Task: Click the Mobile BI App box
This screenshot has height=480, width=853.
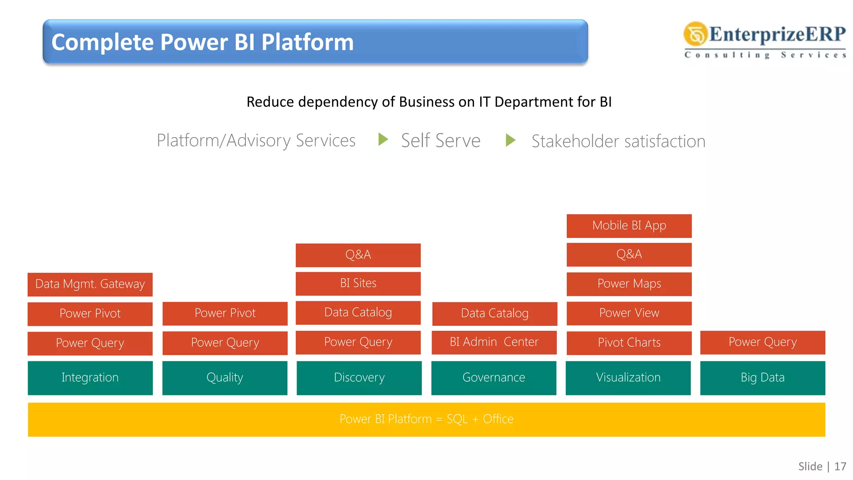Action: coord(629,226)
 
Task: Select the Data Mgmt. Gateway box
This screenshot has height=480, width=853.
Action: coord(90,285)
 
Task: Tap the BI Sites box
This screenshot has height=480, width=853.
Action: coord(358,283)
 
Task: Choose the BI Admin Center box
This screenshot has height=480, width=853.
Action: coord(494,342)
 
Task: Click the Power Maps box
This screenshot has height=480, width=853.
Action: coord(629,284)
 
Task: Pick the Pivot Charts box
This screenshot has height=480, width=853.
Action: coord(629,343)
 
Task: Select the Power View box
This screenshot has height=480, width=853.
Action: coord(629,313)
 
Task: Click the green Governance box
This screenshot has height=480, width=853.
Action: coord(494,378)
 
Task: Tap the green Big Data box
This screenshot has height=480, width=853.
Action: coord(763,378)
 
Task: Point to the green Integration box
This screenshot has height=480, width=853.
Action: coord(90,378)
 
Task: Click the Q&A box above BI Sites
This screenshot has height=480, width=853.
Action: coord(358,255)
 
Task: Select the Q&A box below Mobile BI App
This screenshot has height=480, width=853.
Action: coord(629,255)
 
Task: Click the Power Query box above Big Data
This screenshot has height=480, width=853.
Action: coord(763,342)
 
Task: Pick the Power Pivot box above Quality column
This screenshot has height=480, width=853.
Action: coord(225,313)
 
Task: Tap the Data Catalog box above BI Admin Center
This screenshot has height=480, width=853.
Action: coord(494,314)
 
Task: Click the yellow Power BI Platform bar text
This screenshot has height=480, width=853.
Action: coord(426,419)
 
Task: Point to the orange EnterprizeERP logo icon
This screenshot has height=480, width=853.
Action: coord(695,34)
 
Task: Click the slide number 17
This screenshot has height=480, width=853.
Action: coord(840,466)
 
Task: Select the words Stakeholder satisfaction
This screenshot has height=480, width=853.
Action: coord(619,141)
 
